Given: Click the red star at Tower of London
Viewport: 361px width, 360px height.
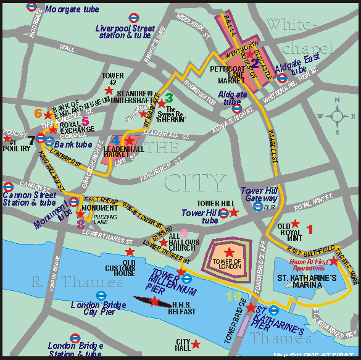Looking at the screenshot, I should (230, 251).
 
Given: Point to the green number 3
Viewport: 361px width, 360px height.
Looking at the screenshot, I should (168, 97).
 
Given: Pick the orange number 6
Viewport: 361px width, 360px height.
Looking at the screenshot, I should (38, 113).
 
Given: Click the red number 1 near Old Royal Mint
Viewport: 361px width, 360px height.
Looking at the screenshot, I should (310, 230).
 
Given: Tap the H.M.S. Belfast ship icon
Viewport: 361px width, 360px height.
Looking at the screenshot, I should (154, 301).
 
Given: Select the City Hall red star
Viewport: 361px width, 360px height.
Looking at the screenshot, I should (196, 344).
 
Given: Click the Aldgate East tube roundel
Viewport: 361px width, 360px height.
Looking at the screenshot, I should (282, 78).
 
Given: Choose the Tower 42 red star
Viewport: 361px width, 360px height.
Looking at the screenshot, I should (109, 90).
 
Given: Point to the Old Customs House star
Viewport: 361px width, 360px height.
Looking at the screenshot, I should (129, 252).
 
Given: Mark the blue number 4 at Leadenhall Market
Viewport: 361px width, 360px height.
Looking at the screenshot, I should (115, 141).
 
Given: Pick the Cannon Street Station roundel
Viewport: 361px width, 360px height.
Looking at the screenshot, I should (8, 186).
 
